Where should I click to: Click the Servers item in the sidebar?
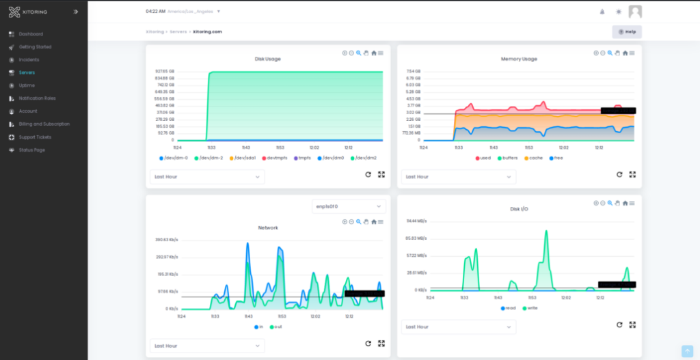[27, 72]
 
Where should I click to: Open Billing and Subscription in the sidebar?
[44, 124]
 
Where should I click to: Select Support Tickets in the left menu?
[35, 137]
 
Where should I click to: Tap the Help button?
[627, 32]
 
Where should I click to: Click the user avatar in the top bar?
[635, 12]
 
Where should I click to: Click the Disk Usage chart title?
[267, 59]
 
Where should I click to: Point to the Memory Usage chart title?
[519, 59]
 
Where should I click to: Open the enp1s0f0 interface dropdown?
[348, 206]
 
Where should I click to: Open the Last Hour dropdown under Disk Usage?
[207, 176]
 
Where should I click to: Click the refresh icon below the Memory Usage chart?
[619, 174]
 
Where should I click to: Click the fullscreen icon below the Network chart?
[381, 344]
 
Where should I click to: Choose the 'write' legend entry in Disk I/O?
[529, 308]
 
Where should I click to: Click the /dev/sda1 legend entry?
[245, 158]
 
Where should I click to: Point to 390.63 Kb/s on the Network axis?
[167, 240]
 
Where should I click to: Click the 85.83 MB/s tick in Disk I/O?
[416, 238]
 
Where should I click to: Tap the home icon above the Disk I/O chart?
[625, 203]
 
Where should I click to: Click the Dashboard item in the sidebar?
[31, 34]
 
